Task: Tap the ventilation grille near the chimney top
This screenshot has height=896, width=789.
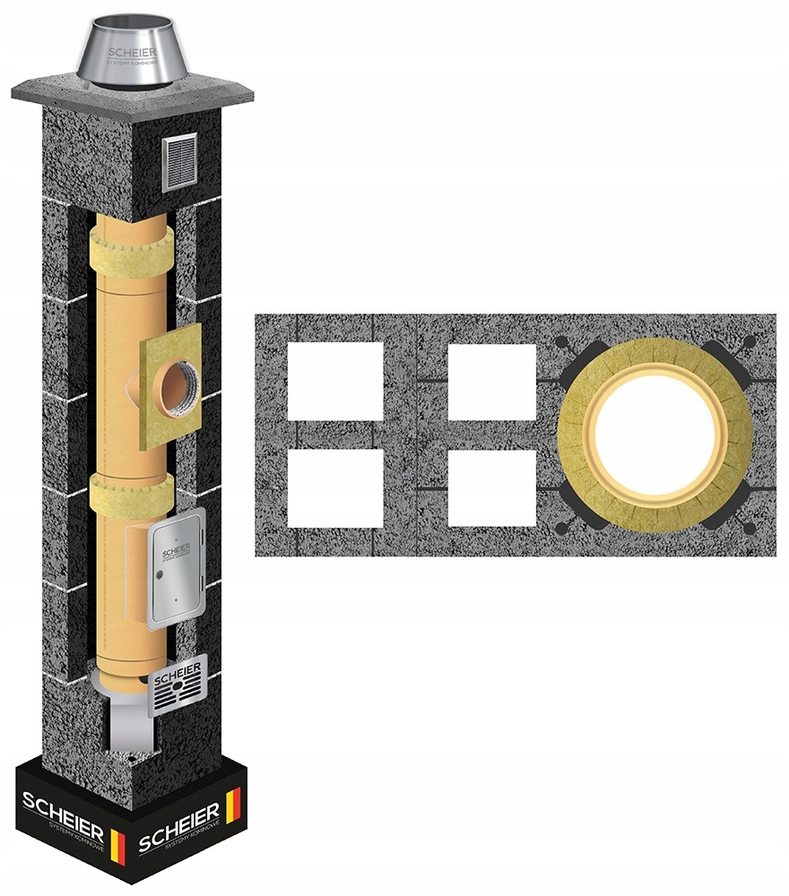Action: (178, 164)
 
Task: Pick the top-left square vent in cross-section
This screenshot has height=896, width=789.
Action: (335, 381)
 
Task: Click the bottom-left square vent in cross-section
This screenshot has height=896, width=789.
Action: (335, 487)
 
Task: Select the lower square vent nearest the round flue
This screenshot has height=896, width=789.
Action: (491, 487)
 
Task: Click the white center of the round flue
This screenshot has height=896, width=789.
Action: (655, 435)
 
